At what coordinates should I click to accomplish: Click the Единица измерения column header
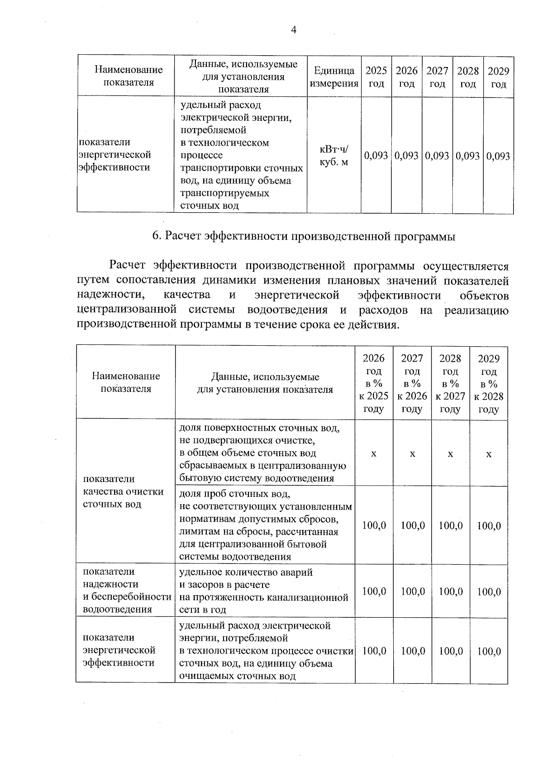[x=334, y=77]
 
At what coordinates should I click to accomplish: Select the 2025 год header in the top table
[x=376, y=77]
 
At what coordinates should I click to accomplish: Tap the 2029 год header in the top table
[x=498, y=77]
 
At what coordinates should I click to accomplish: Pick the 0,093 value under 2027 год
[x=437, y=156]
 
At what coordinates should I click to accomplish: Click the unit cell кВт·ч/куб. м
[x=334, y=156]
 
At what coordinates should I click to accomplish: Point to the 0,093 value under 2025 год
[x=376, y=156]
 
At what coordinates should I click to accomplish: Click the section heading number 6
[x=156, y=236]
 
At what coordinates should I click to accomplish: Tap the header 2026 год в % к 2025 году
[x=374, y=383]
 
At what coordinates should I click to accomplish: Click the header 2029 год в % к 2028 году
[x=489, y=383]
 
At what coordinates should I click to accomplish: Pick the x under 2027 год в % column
[x=412, y=453]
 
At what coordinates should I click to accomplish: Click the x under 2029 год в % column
[x=489, y=453]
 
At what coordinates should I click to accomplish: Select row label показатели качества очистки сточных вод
[x=123, y=491]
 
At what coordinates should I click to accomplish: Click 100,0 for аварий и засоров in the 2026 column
[x=374, y=592]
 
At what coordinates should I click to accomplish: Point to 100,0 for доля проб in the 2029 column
[x=489, y=525]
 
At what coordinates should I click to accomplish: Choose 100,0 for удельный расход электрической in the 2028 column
[x=451, y=651]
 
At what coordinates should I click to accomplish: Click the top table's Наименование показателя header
[x=129, y=76]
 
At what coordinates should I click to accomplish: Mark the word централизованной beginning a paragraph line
[x=126, y=310]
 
